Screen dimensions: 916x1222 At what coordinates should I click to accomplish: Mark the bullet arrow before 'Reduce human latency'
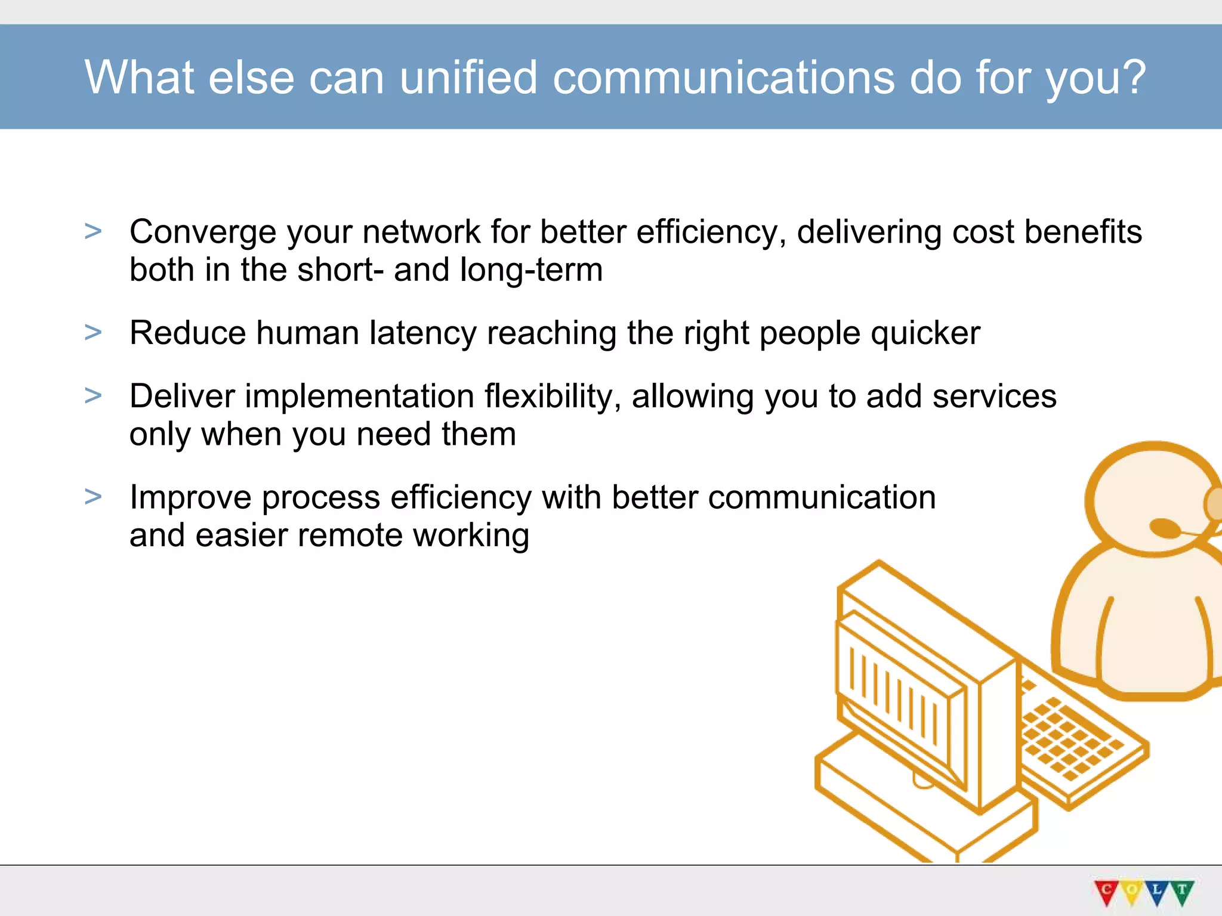[x=93, y=332]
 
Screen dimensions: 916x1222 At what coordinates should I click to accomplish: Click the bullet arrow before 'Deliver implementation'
[x=93, y=395]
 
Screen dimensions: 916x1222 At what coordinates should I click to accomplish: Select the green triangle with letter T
[x=1182, y=892]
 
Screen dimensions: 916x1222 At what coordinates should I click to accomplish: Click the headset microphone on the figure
[x=1164, y=528]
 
